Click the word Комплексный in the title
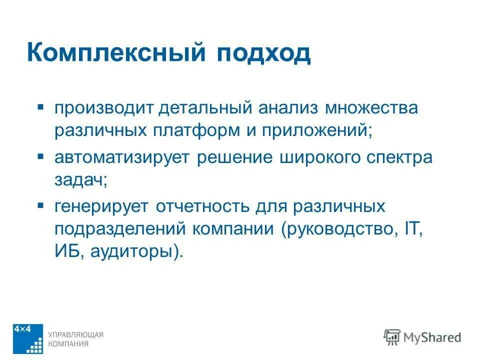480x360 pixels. (x=116, y=52)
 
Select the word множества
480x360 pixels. (x=371, y=108)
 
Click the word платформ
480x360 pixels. (x=195, y=132)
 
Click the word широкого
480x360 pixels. (x=322, y=157)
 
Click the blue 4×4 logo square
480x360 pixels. (x=28, y=338)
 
